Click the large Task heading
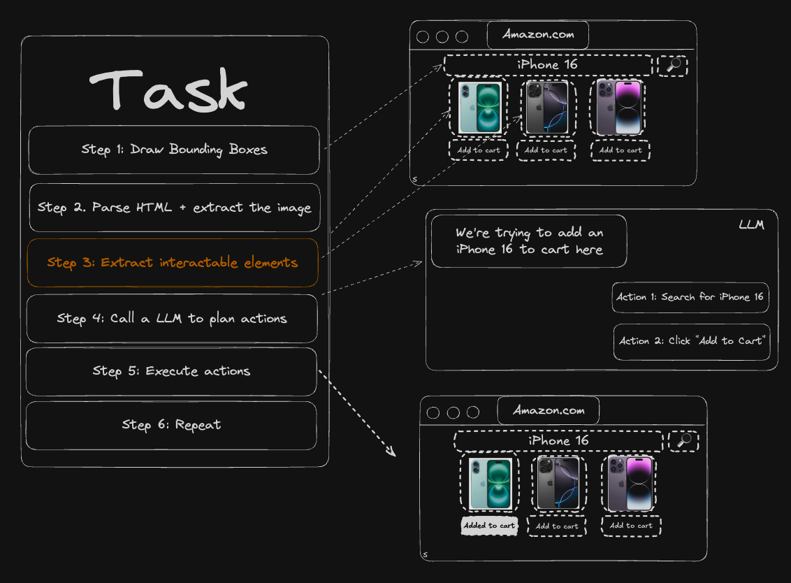click(x=168, y=89)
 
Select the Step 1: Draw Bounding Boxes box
click(x=174, y=150)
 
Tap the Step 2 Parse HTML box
click(x=174, y=208)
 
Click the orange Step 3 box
click(x=173, y=263)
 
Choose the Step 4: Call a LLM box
click(x=172, y=319)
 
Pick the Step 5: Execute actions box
click(x=171, y=371)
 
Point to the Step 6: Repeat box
click(x=171, y=425)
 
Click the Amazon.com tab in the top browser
click(x=537, y=35)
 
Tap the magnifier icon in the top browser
click(x=674, y=65)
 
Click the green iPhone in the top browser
click(x=479, y=108)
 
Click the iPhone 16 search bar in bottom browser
click(x=558, y=441)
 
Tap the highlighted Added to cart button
click(x=489, y=526)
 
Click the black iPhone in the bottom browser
click(x=557, y=483)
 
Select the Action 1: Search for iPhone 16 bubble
click(x=690, y=297)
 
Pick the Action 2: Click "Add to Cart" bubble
click(x=691, y=341)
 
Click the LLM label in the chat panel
click(x=751, y=225)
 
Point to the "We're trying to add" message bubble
click(x=528, y=241)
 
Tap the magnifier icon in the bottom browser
click(x=684, y=440)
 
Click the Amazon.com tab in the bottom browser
click(x=548, y=410)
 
